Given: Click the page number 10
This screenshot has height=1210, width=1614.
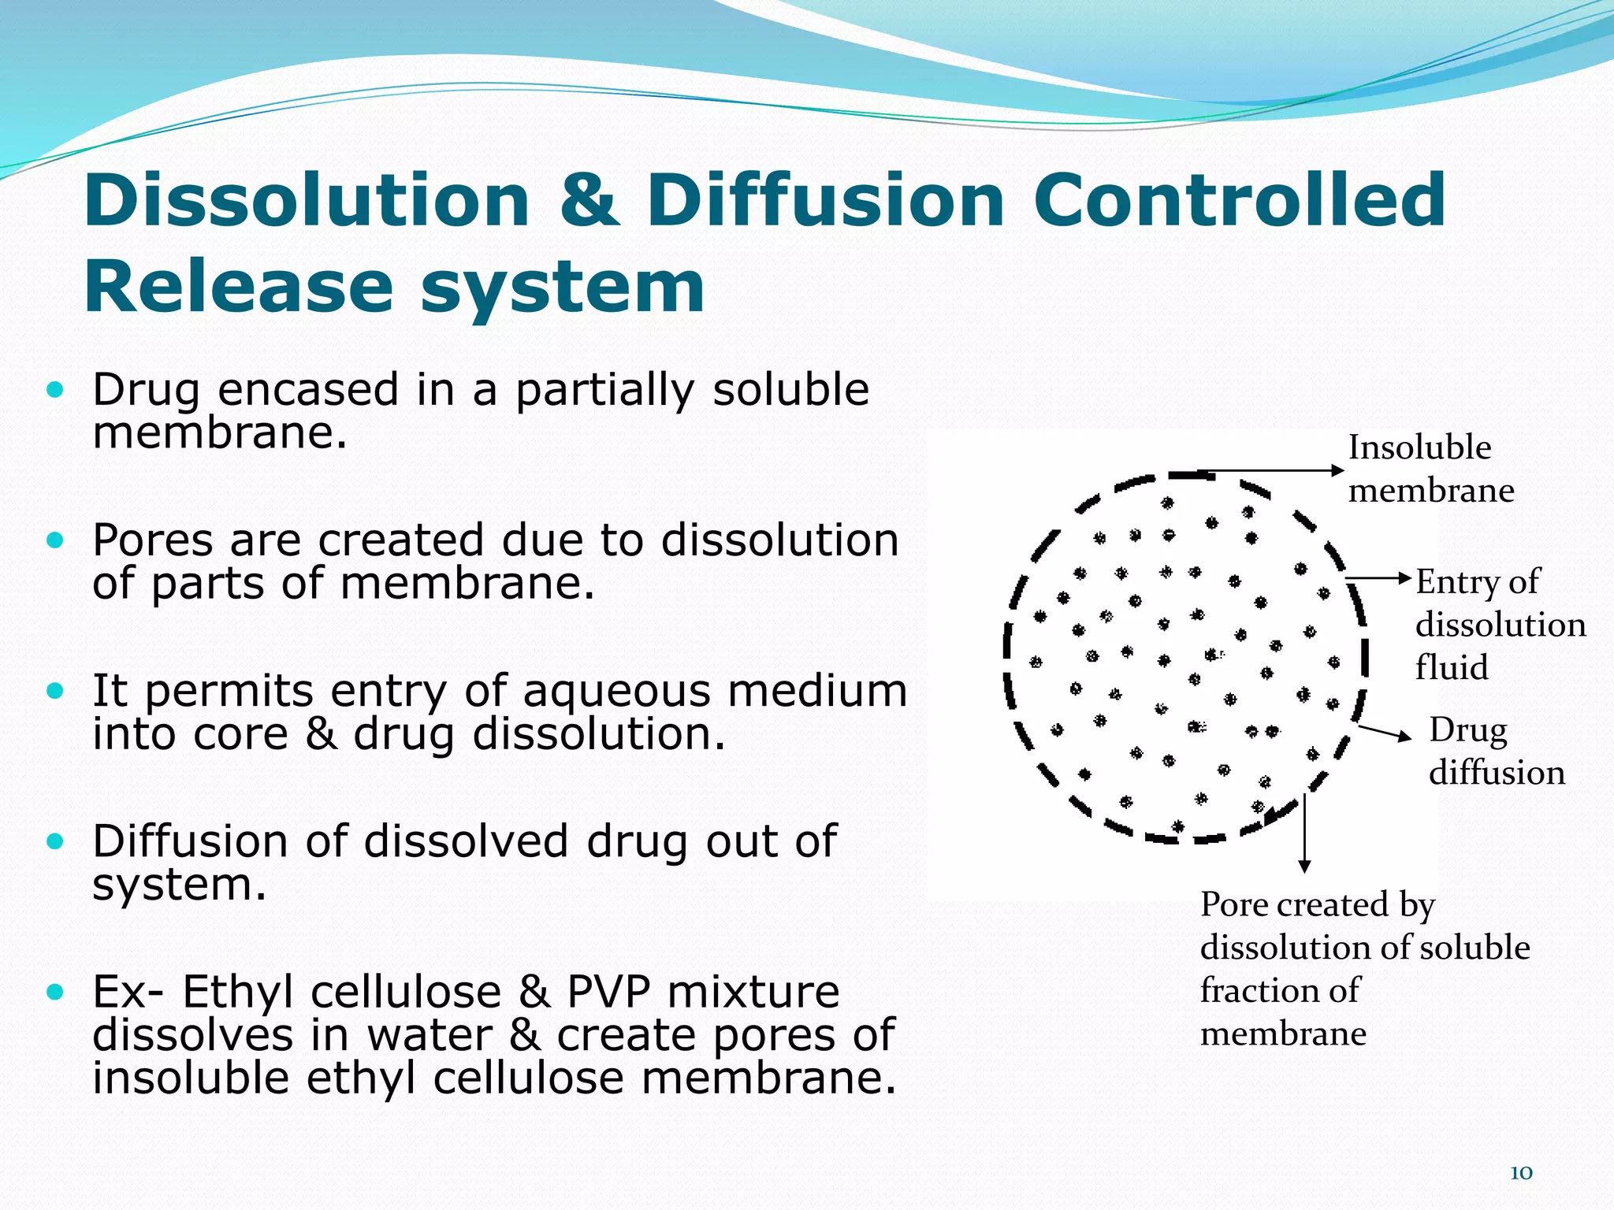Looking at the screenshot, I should point(1520,1173).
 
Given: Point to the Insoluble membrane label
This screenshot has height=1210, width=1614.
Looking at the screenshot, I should point(1430,469).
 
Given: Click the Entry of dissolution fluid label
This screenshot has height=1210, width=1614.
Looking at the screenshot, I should point(1499,624).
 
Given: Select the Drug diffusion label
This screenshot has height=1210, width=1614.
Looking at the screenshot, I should point(1495,751).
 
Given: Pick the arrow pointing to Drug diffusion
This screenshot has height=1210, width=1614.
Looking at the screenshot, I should point(1385,733).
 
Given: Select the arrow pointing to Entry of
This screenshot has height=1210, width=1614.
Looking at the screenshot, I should point(1379,578).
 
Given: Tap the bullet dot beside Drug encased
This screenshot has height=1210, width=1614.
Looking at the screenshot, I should point(54,389).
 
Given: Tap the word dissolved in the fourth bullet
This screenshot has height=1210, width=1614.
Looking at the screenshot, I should point(466,841).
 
